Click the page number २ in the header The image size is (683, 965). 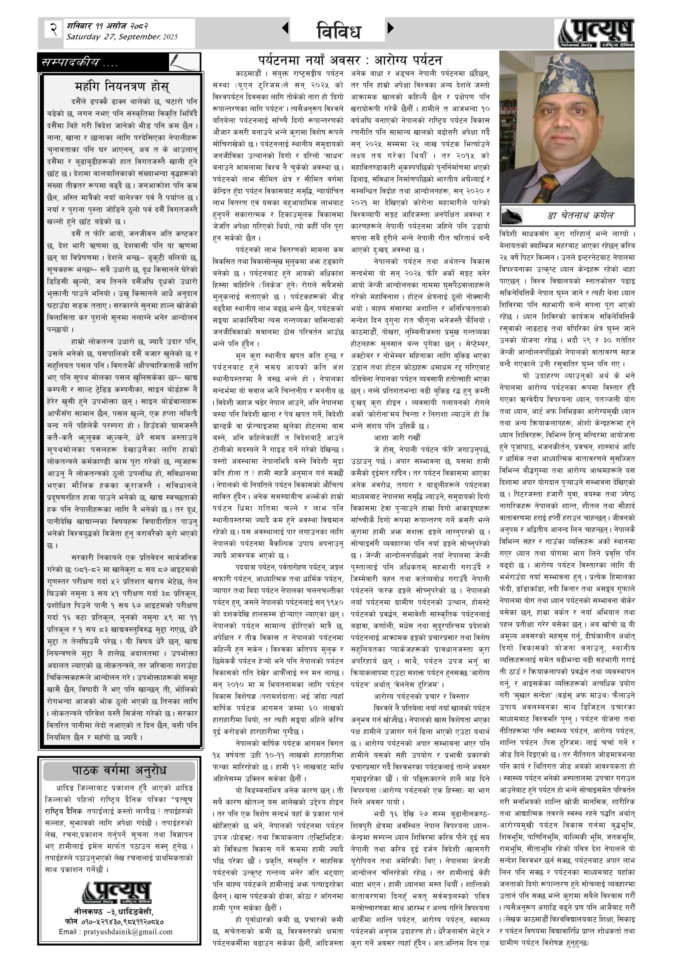[53, 29]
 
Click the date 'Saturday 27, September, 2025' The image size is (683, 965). [122, 37]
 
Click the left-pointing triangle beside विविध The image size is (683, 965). [285, 28]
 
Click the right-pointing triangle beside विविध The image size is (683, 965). [390, 28]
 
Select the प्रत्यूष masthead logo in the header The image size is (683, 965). [596, 34]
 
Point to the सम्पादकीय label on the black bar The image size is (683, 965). [80, 63]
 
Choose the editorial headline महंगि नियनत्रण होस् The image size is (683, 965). [122, 87]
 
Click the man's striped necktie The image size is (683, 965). [549, 185]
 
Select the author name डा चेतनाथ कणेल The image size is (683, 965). [580, 216]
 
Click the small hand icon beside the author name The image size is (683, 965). [512, 216]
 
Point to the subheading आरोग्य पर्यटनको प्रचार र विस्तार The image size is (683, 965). [421, 697]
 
